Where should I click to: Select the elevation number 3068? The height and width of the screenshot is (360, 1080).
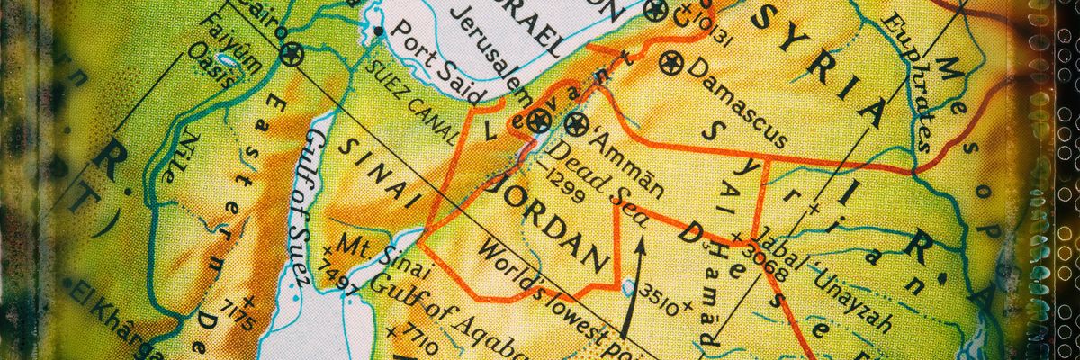click(x=766, y=261)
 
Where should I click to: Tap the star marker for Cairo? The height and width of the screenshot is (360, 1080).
click(x=291, y=54)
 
